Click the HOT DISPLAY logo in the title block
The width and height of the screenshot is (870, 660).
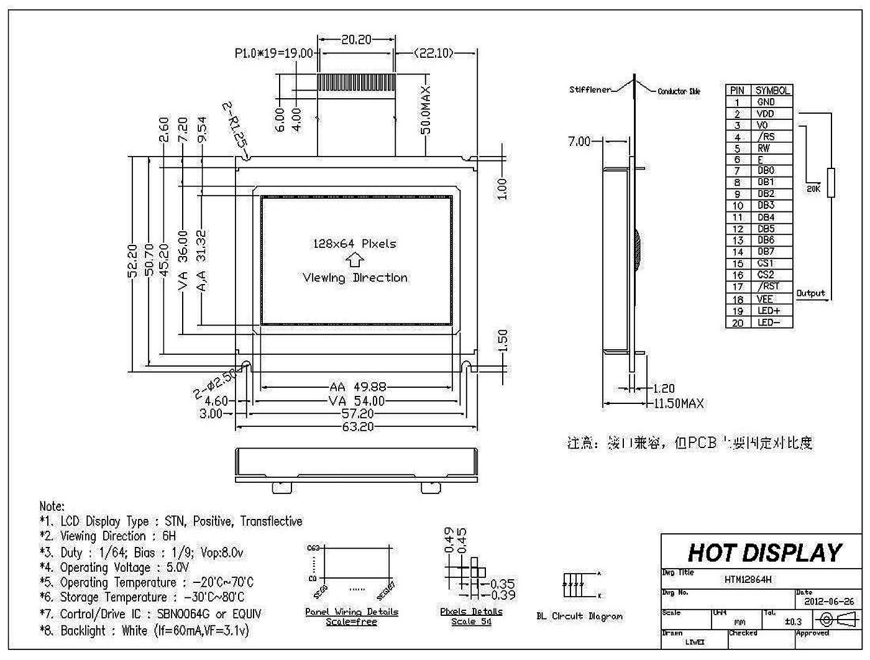[x=764, y=552]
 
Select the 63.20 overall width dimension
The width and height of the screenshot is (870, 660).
[x=357, y=427]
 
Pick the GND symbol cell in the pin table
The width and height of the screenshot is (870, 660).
[x=766, y=102]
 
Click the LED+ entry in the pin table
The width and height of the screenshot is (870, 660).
[x=768, y=311]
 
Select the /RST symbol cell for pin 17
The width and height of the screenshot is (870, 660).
[x=768, y=286]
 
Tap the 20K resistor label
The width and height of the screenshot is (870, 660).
[x=813, y=189]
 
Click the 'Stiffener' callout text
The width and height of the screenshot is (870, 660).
[x=590, y=89]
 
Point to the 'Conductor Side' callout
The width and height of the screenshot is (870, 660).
[x=679, y=91]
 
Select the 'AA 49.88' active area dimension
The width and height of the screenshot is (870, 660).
[x=357, y=387]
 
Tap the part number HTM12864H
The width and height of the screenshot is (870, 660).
[x=748, y=580]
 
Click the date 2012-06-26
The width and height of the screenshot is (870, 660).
[x=829, y=602]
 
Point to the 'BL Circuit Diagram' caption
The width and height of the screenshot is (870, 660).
[x=579, y=616]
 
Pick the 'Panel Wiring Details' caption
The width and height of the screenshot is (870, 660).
[x=351, y=612]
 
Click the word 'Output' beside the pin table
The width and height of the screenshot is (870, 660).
[x=810, y=293]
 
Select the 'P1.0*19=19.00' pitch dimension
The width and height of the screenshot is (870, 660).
[x=273, y=53]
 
